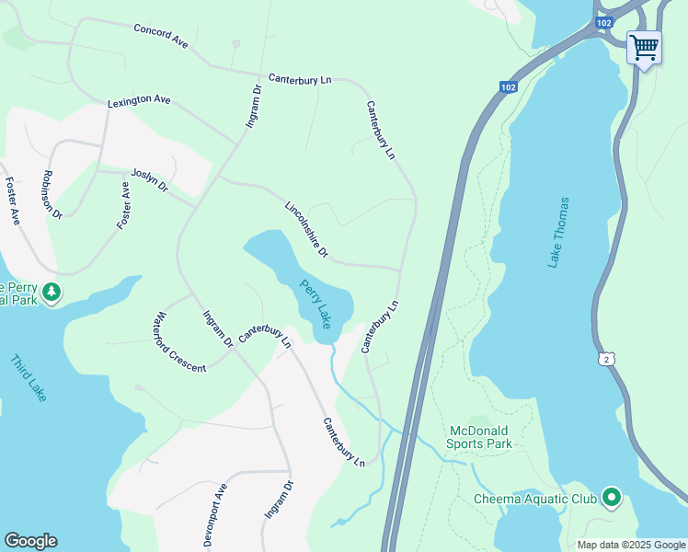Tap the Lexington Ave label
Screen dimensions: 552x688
point(139,100)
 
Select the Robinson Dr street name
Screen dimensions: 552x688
point(51,194)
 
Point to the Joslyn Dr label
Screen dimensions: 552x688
point(150,180)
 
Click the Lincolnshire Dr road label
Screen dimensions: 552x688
point(306,230)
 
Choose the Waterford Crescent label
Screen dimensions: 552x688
point(179,342)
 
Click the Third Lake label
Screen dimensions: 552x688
point(28,378)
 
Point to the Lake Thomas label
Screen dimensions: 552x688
point(558,233)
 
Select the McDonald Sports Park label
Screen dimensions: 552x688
point(479,437)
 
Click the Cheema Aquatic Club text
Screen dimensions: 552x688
point(534,500)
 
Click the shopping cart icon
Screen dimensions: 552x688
point(644,46)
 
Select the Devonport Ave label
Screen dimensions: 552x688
point(214,515)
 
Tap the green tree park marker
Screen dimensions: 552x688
point(52,293)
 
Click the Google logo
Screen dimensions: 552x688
point(30,541)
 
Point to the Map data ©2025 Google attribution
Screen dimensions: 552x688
point(631,545)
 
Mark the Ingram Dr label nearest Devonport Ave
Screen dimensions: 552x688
point(278,500)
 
